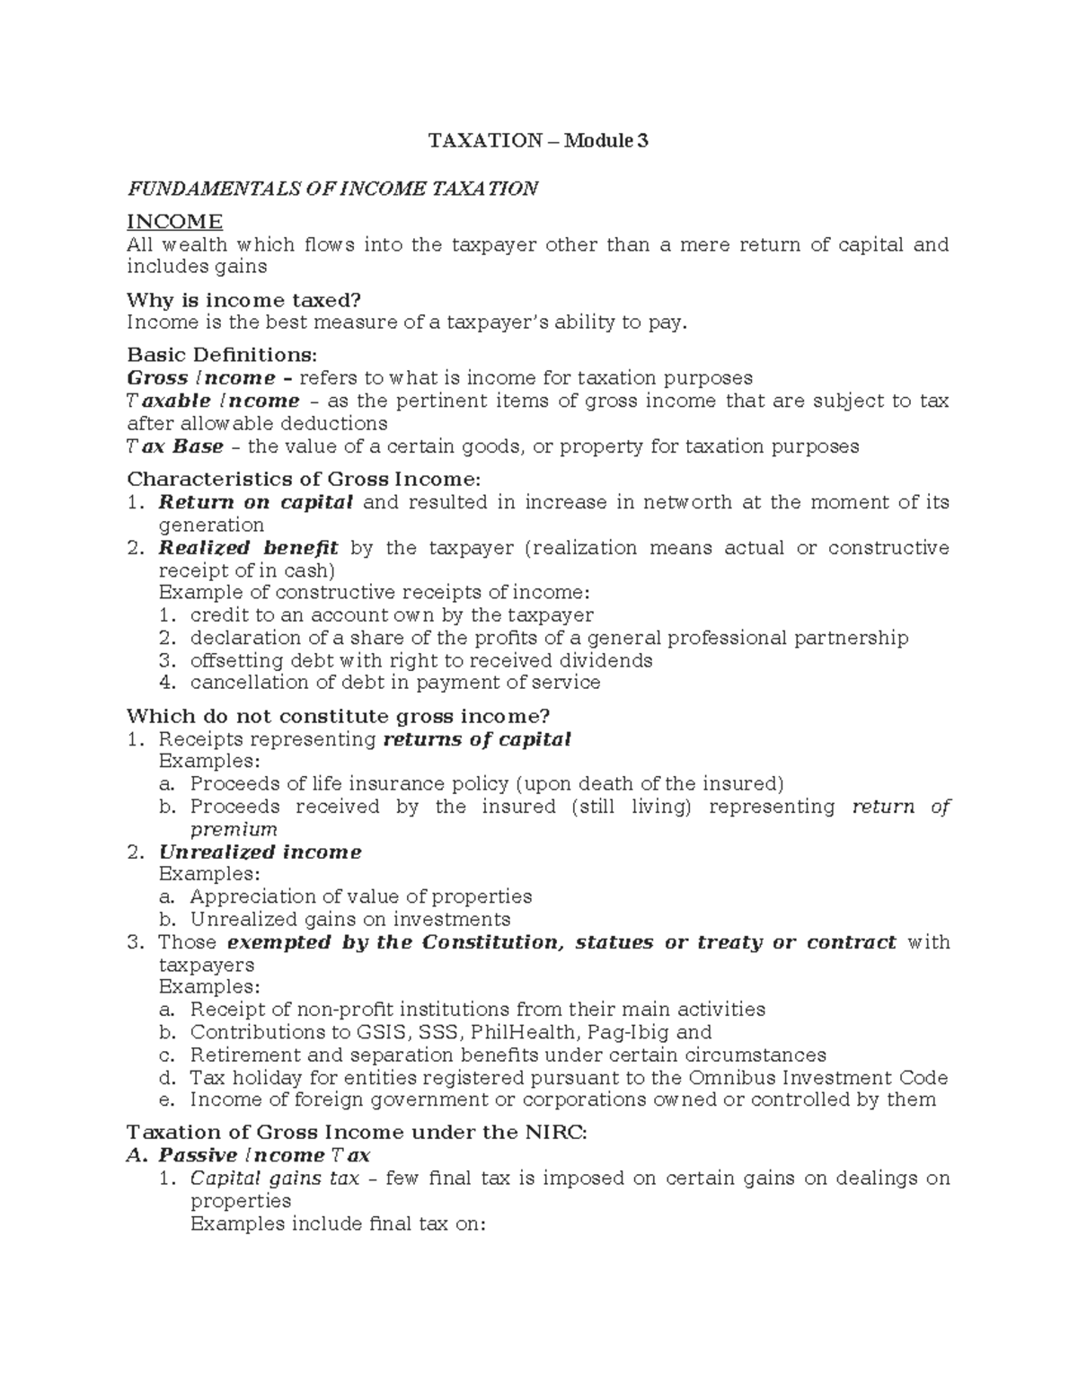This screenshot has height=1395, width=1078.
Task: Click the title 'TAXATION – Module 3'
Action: click(x=537, y=141)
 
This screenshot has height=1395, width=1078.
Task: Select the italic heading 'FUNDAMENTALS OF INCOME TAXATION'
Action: click(x=332, y=189)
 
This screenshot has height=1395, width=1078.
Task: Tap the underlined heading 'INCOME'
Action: click(x=174, y=222)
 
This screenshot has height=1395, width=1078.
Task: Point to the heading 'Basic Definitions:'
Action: click(x=222, y=355)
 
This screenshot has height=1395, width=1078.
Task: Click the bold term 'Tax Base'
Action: click(x=175, y=446)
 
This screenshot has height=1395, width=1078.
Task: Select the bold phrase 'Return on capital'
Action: click(x=255, y=502)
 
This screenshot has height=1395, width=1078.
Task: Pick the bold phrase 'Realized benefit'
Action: click(x=248, y=548)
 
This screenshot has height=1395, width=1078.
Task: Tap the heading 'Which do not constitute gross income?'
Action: click(x=338, y=716)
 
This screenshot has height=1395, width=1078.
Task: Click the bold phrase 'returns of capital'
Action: click(x=476, y=739)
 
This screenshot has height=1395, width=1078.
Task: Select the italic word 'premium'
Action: click(x=234, y=829)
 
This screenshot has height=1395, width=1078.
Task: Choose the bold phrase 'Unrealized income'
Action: click(x=260, y=852)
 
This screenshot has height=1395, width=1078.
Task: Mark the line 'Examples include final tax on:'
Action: click(x=338, y=1223)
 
